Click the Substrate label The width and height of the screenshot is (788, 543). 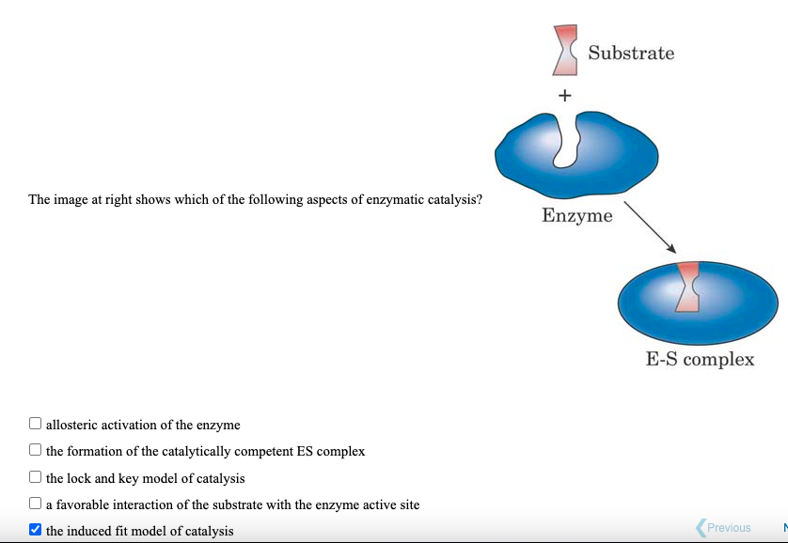click(631, 54)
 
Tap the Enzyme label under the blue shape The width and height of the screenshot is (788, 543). click(576, 216)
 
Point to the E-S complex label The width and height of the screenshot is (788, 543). click(700, 360)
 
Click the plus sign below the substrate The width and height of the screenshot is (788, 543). click(564, 95)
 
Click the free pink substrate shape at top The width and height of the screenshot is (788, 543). click(565, 51)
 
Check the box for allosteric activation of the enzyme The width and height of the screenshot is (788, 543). click(36, 424)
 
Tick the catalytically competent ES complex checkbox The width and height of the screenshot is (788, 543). click(36, 450)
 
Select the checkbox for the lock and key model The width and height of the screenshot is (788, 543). click(36, 477)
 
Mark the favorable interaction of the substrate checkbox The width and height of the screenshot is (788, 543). click(36, 504)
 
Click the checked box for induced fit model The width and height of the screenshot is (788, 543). click(36, 530)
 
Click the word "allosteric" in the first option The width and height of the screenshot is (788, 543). click(73, 425)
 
